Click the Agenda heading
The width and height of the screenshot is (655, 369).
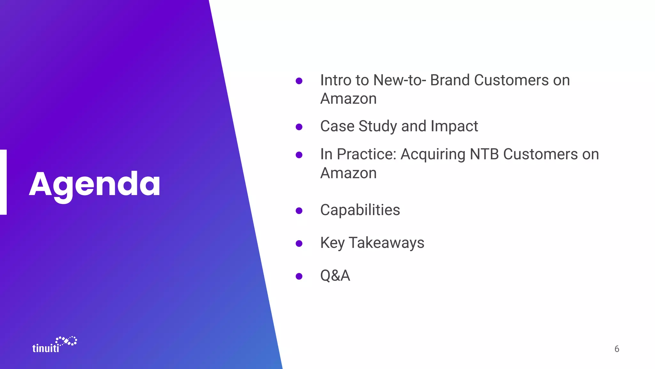pyautogui.click(x=95, y=184)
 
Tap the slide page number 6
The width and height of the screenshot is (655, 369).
pyautogui.click(x=617, y=349)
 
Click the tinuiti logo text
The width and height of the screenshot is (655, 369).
pyautogui.click(x=46, y=348)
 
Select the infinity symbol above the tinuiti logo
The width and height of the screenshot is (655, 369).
pyautogui.click(x=67, y=341)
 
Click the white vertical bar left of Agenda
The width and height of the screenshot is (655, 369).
pyautogui.click(x=3, y=182)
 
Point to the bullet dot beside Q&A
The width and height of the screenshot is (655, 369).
pyautogui.click(x=299, y=276)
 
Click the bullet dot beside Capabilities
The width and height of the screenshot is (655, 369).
pyautogui.click(x=299, y=210)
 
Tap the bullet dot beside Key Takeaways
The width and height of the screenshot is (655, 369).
pyautogui.click(x=299, y=243)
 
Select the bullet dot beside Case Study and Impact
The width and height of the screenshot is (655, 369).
pyautogui.click(x=299, y=127)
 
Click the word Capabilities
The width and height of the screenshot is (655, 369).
pyautogui.click(x=360, y=210)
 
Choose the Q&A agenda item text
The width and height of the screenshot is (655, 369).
pyautogui.click(x=335, y=275)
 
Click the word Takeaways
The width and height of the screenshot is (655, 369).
pyautogui.click(x=386, y=243)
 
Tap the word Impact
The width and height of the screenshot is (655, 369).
pyautogui.click(x=454, y=126)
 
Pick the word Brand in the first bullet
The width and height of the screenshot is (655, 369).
pyautogui.click(x=450, y=80)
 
